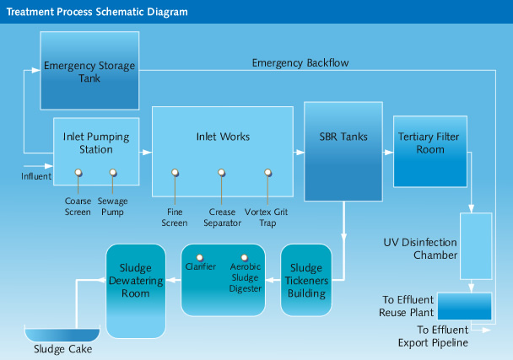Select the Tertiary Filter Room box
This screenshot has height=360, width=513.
(x=430, y=148)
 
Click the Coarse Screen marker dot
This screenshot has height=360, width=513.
(x=78, y=173)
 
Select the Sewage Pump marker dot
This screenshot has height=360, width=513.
(x=113, y=173)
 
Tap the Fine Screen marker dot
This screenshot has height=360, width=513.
(x=175, y=173)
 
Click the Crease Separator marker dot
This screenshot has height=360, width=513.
(x=222, y=173)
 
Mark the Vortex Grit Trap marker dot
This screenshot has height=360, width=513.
(x=268, y=173)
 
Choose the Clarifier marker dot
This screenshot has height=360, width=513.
(x=201, y=256)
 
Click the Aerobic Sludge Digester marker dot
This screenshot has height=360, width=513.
(x=245, y=256)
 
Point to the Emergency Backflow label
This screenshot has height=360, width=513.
(x=300, y=62)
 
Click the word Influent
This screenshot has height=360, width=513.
(x=36, y=177)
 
